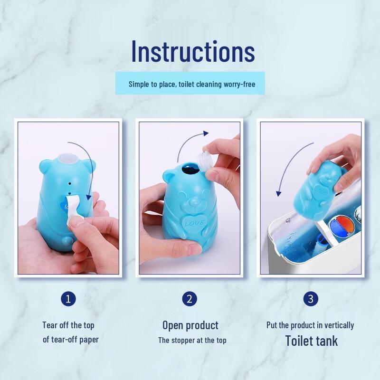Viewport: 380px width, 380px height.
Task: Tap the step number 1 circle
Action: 68,299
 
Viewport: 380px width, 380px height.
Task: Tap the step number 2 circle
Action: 190,299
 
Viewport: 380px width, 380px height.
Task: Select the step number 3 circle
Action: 311,299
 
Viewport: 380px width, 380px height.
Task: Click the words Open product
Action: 190,325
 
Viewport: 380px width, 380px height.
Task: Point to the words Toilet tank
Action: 311,341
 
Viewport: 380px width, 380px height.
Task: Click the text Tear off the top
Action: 68,325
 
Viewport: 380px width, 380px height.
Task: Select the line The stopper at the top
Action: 192,340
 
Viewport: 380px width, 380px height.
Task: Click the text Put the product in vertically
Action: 310,325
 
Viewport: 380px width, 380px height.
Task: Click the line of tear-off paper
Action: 71,340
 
